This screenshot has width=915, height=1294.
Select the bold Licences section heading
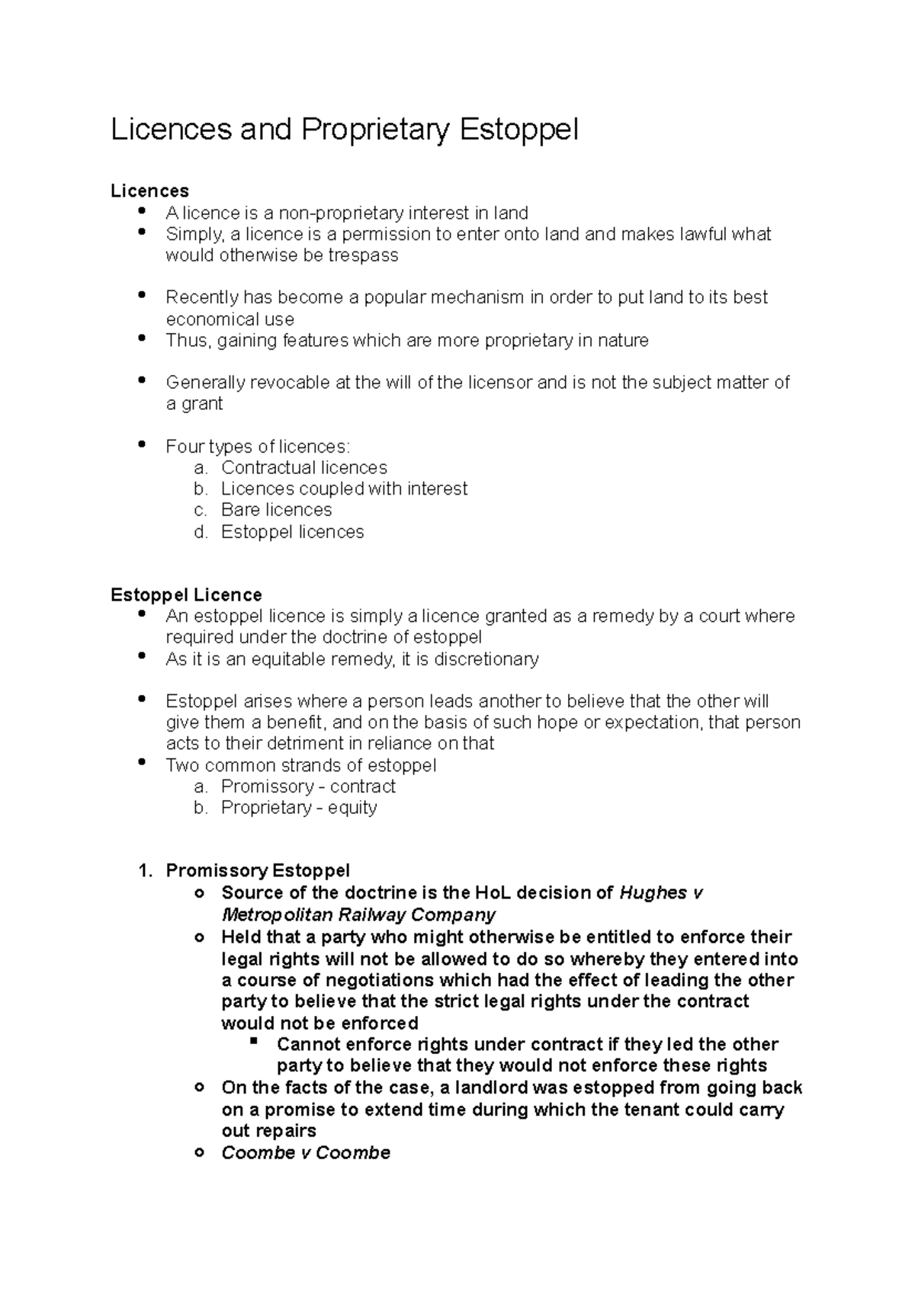[x=149, y=191]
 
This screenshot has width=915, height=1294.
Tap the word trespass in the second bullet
[x=363, y=255]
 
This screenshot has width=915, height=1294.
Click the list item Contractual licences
[x=303, y=467]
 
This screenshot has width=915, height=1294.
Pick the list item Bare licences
[x=276, y=510]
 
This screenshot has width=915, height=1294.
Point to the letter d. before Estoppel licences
[x=201, y=532]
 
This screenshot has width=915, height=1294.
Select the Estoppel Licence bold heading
[x=186, y=594]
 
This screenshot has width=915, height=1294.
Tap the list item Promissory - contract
[x=308, y=786]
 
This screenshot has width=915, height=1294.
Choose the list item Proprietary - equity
[x=299, y=808]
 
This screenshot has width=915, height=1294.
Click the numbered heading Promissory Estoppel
[x=258, y=870]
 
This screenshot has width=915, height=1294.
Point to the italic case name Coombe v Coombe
[x=306, y=1152]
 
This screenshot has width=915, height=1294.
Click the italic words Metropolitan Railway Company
[x=358, y=914]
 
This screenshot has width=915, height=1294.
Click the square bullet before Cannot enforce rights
[x=255, y=1041]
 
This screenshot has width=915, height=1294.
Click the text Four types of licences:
[x=258, y=447]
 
